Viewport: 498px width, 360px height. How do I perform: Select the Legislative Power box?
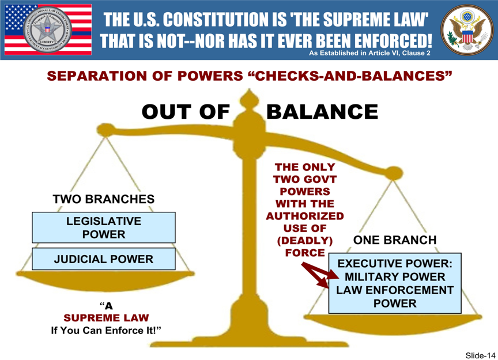tap(104, 228)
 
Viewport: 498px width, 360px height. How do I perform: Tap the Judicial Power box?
tap(104, 259)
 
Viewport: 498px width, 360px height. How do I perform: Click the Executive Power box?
tap(395, 283)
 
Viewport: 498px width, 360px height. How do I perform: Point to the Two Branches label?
tap(104, 200)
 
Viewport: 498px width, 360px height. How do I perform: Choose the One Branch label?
tap(395, 240)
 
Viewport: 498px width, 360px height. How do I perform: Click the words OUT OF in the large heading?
tap(186, 112)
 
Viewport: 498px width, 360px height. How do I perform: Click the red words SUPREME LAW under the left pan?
tap(106, 318)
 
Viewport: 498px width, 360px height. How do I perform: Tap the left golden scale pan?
tap(92, 280)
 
